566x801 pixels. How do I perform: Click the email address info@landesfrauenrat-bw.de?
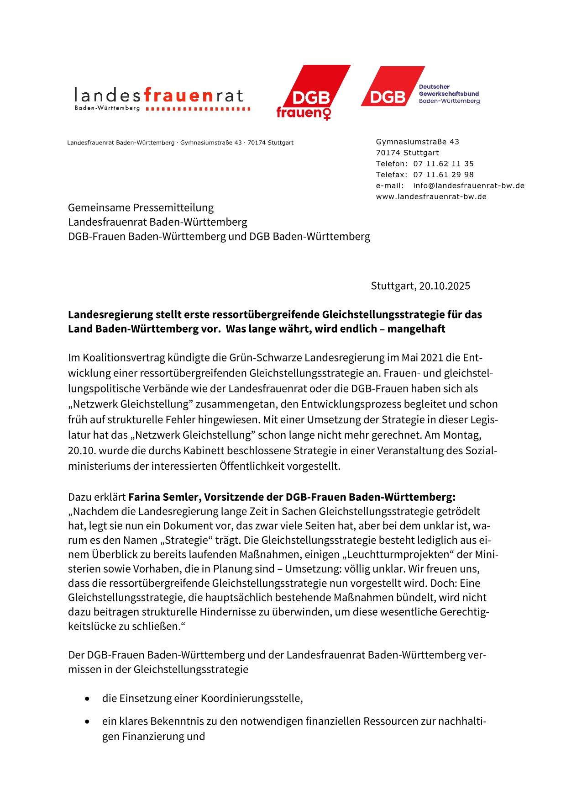468,186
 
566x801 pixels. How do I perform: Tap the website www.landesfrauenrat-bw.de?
431,196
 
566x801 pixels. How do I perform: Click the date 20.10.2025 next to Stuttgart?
445,286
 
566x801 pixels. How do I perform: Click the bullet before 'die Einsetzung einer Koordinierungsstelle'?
87,699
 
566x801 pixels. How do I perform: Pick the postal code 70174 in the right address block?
388,153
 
